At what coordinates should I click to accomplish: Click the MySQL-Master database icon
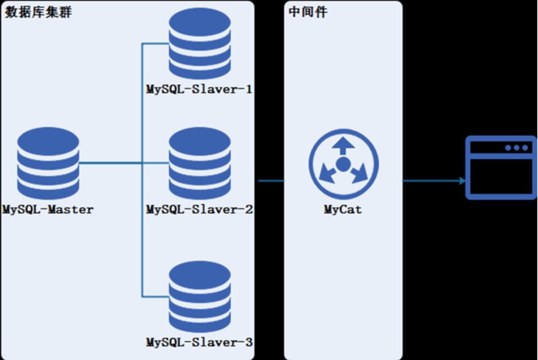tap(48, 163)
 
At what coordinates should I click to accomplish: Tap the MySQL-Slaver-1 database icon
tap(200, 44)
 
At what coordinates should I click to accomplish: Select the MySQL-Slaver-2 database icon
tap(200, 163)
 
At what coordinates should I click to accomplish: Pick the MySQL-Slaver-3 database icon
tap(200, 297)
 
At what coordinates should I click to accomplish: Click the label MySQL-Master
tap(48, 210)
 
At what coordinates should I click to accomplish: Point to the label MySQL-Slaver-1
tap(199, 90)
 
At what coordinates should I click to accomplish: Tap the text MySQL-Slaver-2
tap(199, 210)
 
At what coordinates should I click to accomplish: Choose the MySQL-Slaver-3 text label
tap(199, 342)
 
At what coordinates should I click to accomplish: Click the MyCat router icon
tap(343, 164)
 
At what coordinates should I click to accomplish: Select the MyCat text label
tap(343, 210)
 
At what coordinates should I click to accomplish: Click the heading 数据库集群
tap(38, 12)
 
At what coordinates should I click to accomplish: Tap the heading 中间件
tap(308, 12)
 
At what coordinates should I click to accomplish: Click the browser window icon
tap(501, 167)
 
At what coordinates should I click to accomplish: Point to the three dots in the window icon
tap(517, 148)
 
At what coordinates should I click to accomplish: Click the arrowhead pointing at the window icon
tap(462, 181)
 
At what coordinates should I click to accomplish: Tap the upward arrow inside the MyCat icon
tap(343, 146)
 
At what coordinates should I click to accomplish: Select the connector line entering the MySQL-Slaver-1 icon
tap(155, 43)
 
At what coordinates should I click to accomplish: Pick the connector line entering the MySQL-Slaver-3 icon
tap(155, 297)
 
